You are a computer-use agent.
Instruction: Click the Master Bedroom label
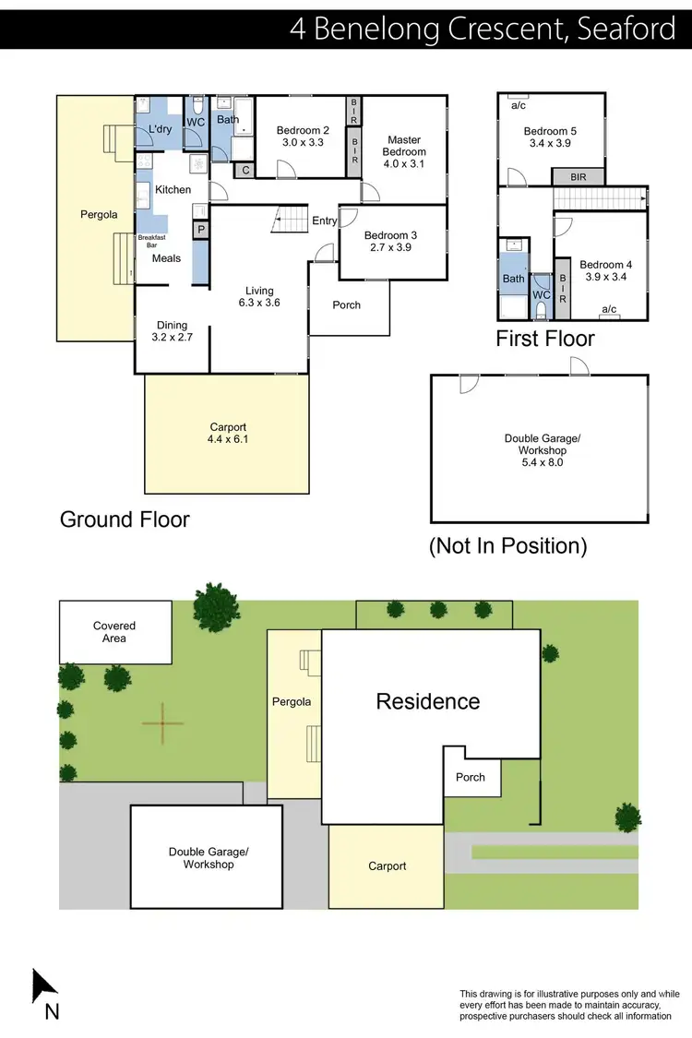[x=404, y=146]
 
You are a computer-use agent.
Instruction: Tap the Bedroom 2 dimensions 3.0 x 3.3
[x=303, y=143]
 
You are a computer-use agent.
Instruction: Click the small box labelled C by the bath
[x=245, y=170]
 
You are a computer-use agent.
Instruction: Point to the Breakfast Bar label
[x=150, y=242]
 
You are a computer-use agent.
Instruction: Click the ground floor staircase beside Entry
[x=291, y=221]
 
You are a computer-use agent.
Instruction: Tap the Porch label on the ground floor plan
[x=346, y=305]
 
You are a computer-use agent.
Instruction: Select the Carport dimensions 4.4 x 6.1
[x=228, y=440]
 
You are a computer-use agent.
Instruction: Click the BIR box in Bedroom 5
[x=579, y=176]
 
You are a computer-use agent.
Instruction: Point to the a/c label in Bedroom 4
[x=609, y=309]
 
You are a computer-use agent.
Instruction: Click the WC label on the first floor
[x=542, y=295]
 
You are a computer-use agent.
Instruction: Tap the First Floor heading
[x=545, y=339]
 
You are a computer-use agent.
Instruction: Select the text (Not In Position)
[x=507, y=545]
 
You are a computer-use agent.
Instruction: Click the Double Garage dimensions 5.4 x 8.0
[x=542, y=462]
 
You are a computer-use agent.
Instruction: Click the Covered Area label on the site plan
[x=114, y=632]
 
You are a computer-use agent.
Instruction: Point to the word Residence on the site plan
[x=428, y=701]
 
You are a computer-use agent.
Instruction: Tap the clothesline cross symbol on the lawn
[x=162, y=723]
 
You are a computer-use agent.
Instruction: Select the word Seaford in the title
[x=626, y=29]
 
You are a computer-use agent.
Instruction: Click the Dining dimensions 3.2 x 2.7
[x=173, y=338]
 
